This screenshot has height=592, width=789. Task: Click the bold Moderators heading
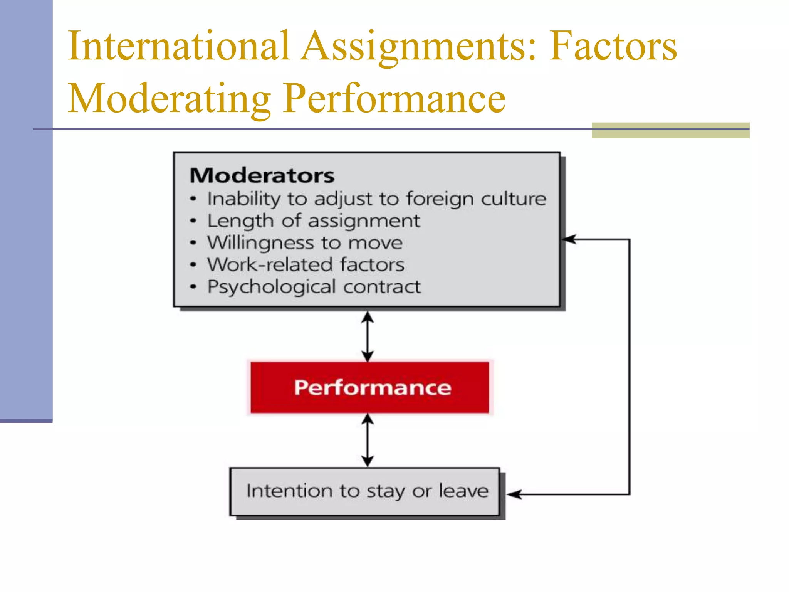(x=262, y=176)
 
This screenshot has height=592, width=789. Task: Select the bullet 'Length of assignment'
(x=313, y=221)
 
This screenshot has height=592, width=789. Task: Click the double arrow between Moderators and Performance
(x=368, y=336)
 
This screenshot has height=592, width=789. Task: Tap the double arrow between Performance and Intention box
(x=368, y=440)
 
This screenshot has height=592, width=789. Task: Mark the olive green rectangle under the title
(x=670, y=130)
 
